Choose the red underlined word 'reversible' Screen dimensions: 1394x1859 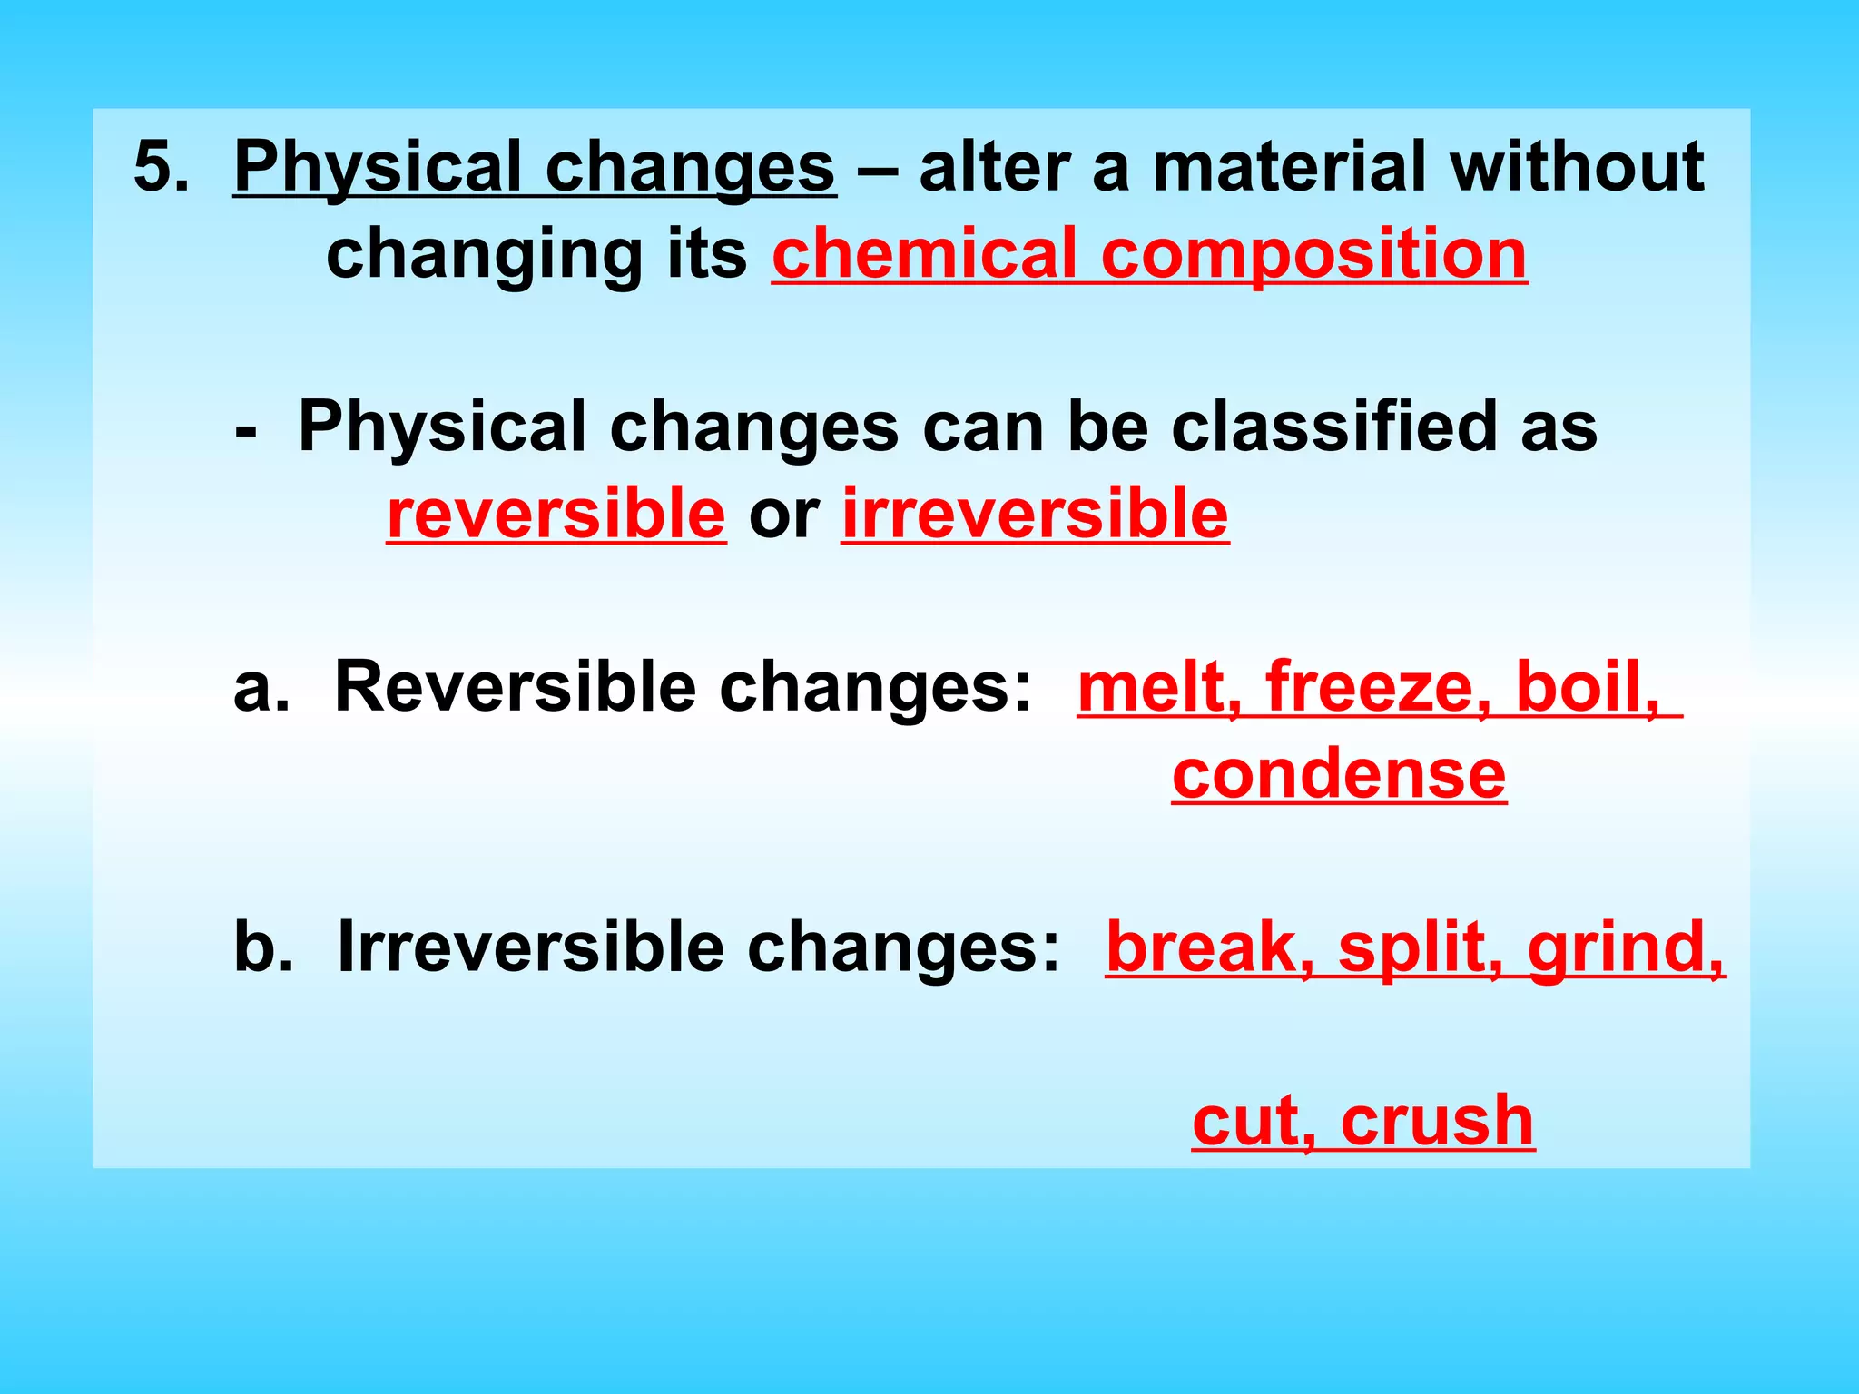coord(556,514)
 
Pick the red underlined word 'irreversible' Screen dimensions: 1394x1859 coord(1035,514)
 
